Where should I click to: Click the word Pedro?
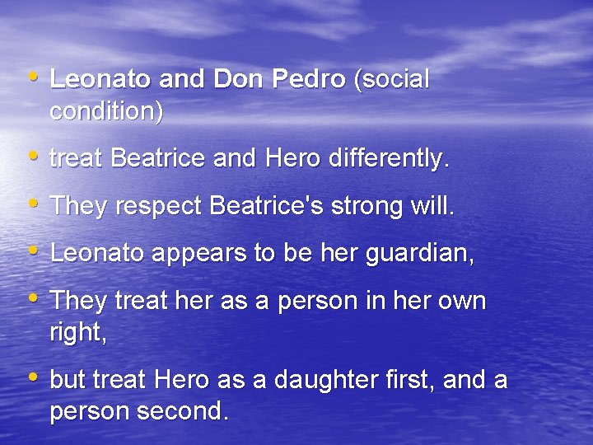click(x=308, y=80)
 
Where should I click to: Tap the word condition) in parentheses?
click(x=106, y=111)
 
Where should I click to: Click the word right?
click(x=78, y=333)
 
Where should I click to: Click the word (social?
click(x=391, y=80)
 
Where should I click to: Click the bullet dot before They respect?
click(x=34, y=204)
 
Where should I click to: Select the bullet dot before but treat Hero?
click(x=34, y=378)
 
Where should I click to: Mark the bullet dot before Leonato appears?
click(x=34, y=251)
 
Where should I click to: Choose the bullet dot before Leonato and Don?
click(x=34, y=77)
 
